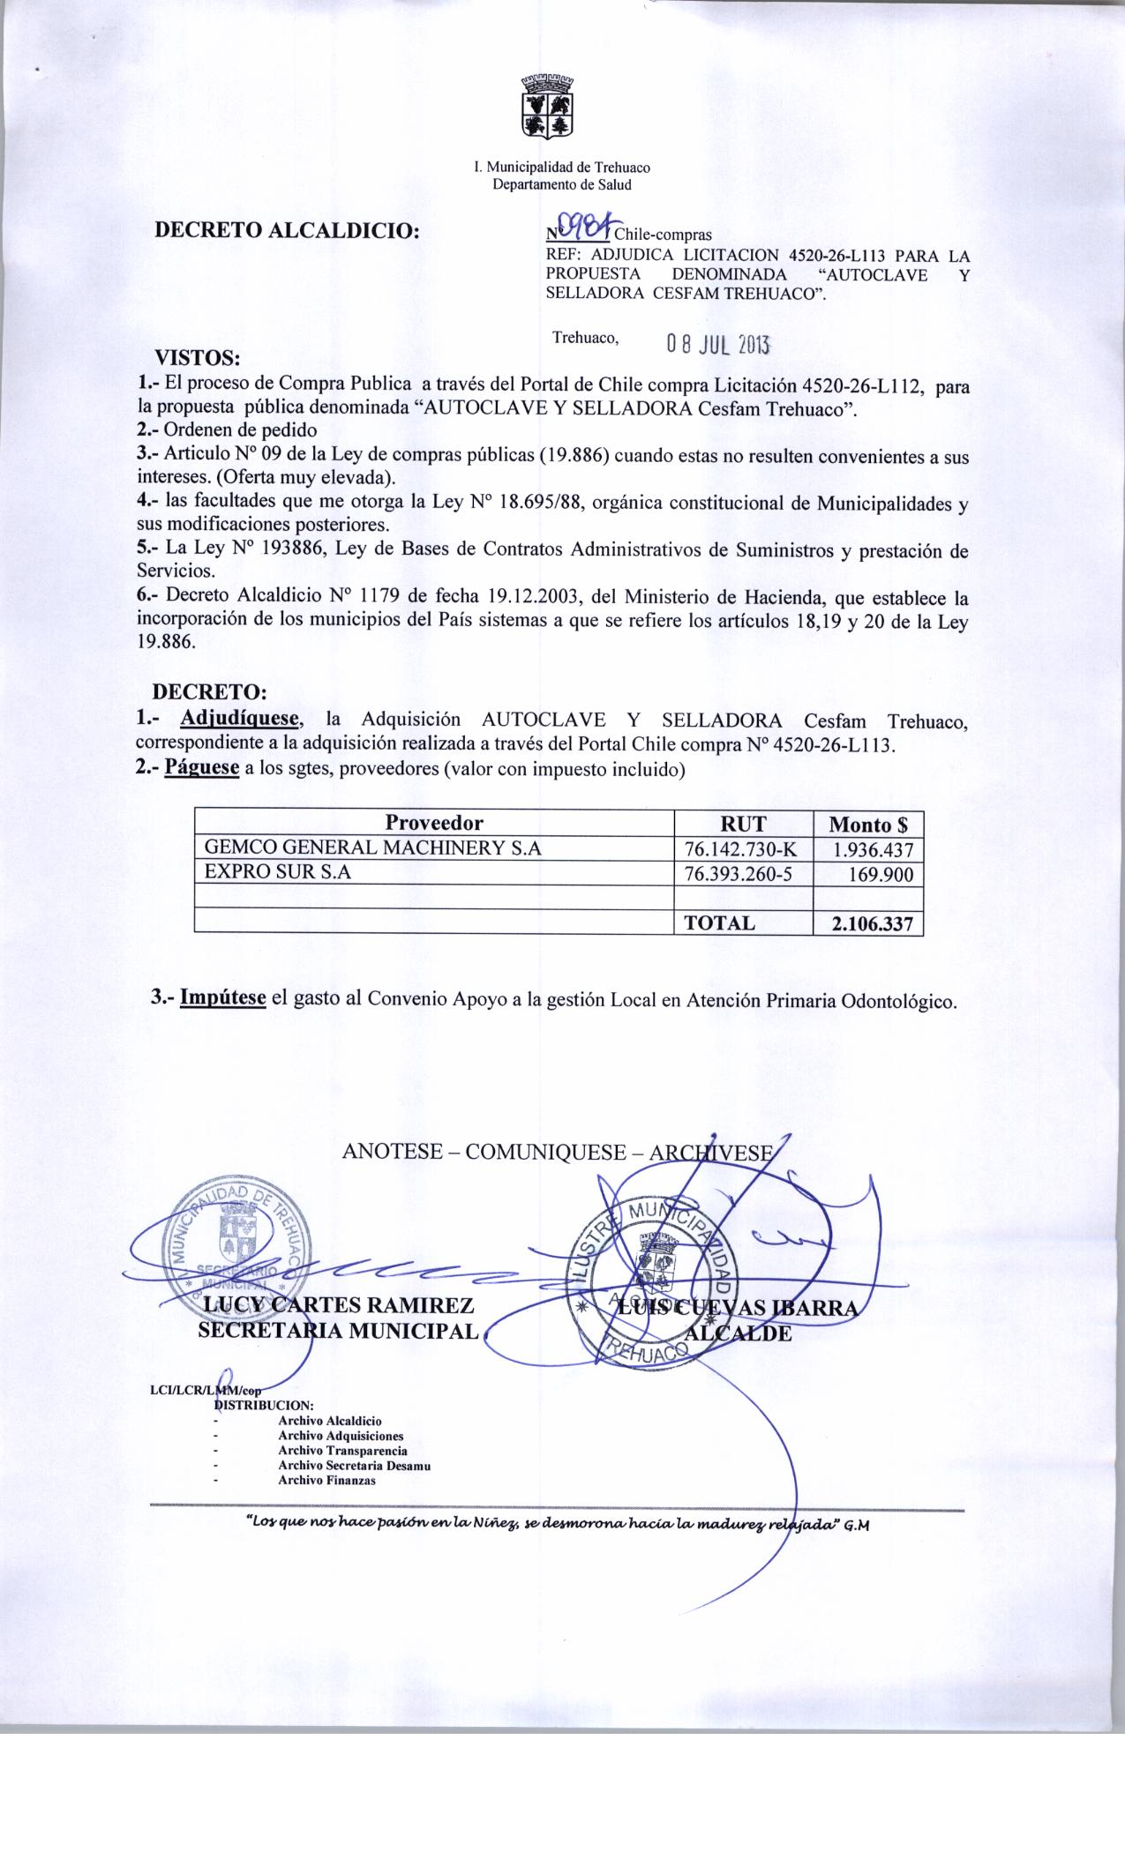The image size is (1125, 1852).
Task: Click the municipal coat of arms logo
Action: coord(544,108)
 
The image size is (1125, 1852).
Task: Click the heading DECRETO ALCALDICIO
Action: coord(287,232)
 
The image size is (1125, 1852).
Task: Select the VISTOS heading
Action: coord(198,359)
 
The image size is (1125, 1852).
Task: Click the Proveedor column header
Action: coord(434,824)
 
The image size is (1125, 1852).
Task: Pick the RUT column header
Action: coord(743,824)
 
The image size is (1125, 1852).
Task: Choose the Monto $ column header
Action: coord(868,825)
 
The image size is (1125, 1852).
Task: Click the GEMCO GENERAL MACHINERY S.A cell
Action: coord(372,848)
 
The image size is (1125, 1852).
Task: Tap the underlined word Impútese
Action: coord(223,1000)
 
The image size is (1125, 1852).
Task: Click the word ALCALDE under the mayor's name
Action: coord(739,1333)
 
